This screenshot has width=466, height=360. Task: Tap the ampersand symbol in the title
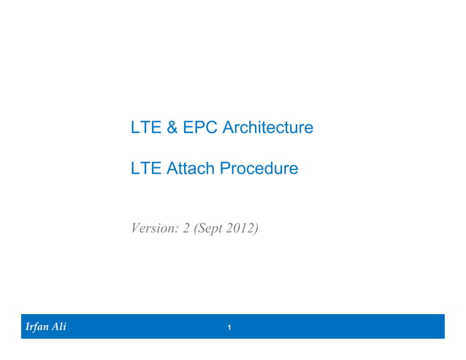[x=171, y=128]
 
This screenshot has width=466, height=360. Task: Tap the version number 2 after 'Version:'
[x=186, y=229]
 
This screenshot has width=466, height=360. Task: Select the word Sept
[x=210, y=229]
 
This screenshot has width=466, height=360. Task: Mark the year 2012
[x=241, y=229]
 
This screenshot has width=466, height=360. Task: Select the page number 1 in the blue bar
[x=229, y=328]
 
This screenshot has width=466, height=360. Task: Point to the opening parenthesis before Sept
[x=196, y=229]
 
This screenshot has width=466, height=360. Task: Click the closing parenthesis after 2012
[x=256, y=229]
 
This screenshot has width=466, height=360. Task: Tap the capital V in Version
[x=135, y=229]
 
